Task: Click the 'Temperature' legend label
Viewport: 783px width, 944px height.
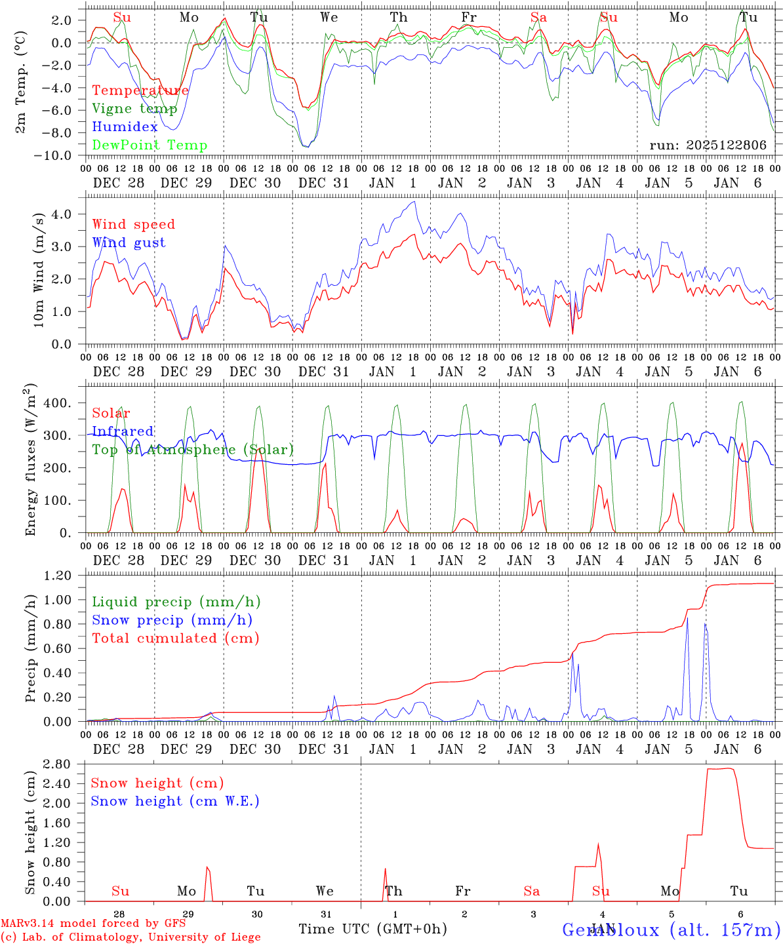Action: [140, 90]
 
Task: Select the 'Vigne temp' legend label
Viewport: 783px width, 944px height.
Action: [134, 109]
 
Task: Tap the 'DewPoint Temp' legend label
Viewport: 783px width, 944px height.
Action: [150, 146]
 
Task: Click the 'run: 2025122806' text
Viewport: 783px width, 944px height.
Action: [708, 146]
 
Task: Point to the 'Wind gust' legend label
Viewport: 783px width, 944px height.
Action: [129, 243]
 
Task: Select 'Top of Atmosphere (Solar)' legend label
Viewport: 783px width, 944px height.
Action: [193, 450]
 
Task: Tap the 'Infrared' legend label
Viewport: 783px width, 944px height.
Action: [123, 431]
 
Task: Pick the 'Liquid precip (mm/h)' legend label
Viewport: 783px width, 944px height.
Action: [176, 602]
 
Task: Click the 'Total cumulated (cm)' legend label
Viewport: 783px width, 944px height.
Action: [176, 639]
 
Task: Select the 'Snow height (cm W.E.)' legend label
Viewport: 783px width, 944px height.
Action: [175, 801]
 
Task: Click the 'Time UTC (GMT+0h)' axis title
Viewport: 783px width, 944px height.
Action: [372, 929]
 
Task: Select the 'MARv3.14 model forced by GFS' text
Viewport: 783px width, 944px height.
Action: [93, 924]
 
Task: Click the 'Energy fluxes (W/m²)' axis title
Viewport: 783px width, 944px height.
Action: [31, 462]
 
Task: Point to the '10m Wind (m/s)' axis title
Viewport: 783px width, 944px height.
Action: [39, 269]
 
